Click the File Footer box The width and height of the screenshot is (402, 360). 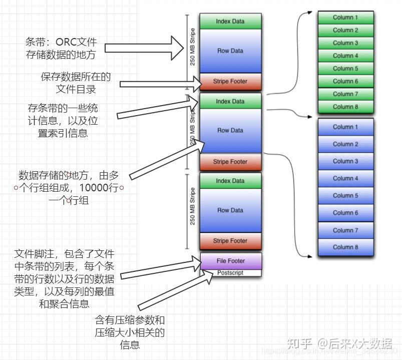click(x=230, y=261)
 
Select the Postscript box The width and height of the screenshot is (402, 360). click(x=230, y=273)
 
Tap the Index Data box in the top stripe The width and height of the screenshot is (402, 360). click(x=230, y=22)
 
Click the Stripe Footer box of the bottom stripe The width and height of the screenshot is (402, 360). click(x=230, y=241)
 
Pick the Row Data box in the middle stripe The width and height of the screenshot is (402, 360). click(x=230, y=131)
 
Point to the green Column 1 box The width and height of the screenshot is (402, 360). click(x=345, y=18)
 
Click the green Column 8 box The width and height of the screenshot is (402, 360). click(x=345, y=107)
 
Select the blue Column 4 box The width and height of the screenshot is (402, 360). click(x=345, y=178)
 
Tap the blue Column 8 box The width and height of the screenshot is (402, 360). click(x=345, y=247)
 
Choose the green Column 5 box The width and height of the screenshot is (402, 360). click(x=345, y=69)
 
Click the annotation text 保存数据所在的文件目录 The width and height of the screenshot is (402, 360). click(x=76, y=83)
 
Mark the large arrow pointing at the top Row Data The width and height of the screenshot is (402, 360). click(x=144, y=48)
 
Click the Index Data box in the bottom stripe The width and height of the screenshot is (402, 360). click(x=230, y=181)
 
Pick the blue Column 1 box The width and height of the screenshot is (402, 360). click(x=345, y=127)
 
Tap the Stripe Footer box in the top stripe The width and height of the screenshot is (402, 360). click(x=230, y=81)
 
